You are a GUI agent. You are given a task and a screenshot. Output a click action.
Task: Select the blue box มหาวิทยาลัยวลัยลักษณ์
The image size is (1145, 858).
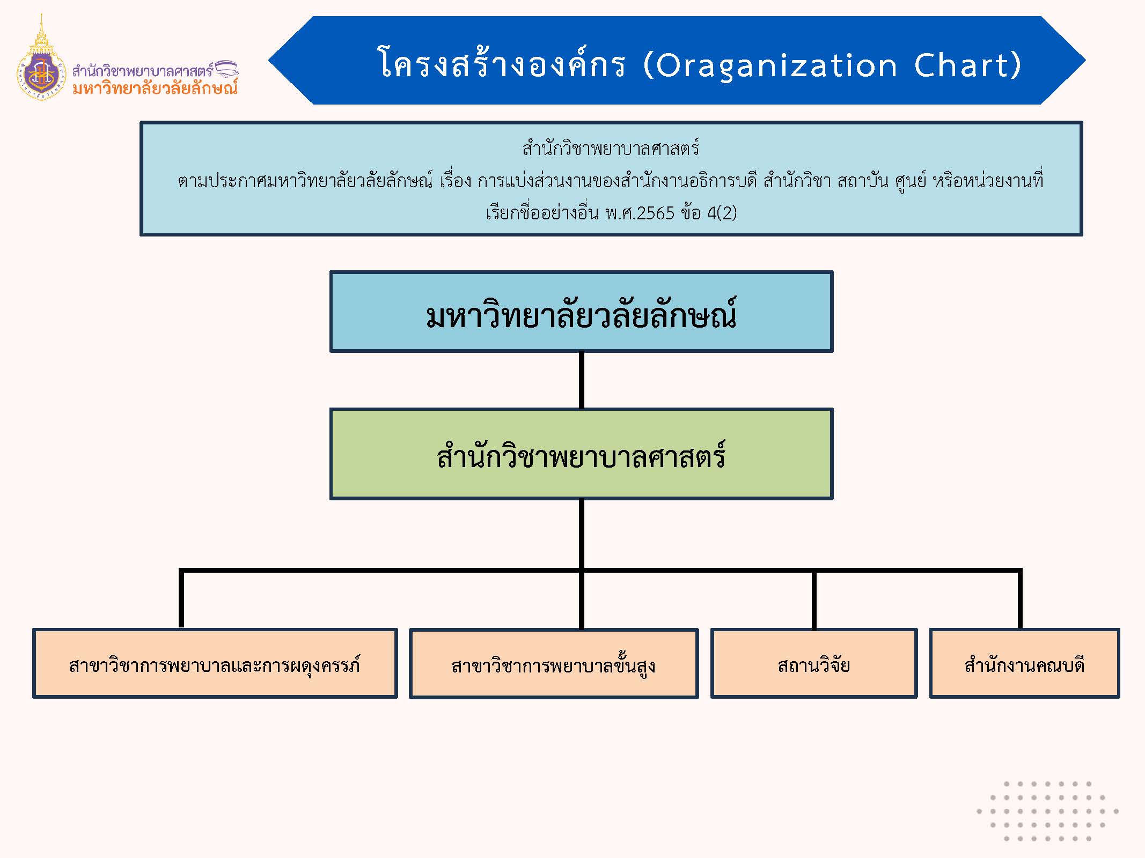[x=581, y=312]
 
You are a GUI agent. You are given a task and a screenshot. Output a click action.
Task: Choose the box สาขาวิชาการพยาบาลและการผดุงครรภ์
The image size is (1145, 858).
[x=215, y=664]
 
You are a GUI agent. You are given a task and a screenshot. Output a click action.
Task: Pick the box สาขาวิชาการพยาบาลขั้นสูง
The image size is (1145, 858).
[x=554, y=664]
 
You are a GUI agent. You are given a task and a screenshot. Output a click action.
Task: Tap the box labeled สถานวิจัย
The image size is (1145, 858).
[x=814, y=664]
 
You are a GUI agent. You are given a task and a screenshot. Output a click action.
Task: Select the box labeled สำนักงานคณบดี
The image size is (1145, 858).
[x=1024, y=664]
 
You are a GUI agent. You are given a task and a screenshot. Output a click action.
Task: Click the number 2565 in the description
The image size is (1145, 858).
[x=655, y=213]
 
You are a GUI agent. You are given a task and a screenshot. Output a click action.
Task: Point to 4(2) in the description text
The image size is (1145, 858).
[x=722, y=213]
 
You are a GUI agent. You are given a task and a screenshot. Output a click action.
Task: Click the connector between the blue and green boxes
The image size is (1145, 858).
[x=582, y=380]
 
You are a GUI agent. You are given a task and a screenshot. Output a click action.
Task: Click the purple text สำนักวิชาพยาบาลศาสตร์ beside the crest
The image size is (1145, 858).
[x=143, y=70]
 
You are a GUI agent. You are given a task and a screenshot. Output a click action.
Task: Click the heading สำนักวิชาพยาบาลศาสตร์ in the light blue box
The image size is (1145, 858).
[x=611, y=148]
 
